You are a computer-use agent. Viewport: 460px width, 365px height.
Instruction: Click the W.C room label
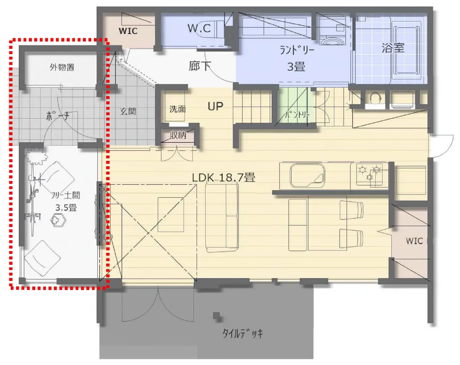coord(199,28)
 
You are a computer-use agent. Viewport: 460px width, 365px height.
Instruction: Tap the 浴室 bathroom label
coord(393,48)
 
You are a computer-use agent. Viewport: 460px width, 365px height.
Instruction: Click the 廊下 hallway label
coord(200,66)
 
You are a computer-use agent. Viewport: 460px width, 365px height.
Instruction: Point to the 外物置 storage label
coord(62,67)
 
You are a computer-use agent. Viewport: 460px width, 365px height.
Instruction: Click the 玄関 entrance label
coord(128,111)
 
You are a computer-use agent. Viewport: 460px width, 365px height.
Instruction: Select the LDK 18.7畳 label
coord(223,178)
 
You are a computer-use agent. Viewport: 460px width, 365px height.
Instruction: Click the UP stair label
coord(215,106)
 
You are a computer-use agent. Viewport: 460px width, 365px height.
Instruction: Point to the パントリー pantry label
coord(297,115)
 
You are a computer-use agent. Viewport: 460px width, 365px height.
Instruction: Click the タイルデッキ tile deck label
coord(243,333)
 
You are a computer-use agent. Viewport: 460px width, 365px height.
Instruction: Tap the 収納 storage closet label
coord(178,135)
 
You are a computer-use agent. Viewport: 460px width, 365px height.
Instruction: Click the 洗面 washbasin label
coord(177,109)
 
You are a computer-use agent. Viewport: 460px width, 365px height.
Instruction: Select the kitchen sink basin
coord(307,176)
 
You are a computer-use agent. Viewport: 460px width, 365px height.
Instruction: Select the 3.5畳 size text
coord(66,208)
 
